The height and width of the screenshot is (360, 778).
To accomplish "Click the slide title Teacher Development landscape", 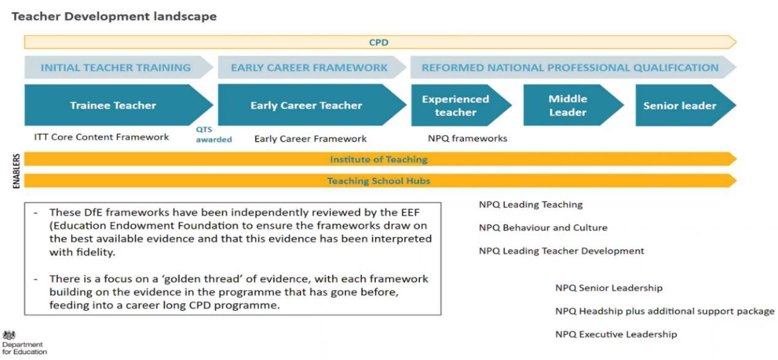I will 114,17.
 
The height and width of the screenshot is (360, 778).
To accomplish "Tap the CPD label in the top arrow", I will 378,42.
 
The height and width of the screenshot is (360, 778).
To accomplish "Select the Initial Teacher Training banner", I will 115,67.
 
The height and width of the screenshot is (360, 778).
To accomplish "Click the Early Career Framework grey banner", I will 309,67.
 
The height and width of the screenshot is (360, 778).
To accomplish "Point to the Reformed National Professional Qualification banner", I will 570,67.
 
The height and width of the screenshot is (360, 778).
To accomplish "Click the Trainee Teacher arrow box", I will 113,105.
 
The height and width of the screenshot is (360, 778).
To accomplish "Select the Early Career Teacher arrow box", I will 306,105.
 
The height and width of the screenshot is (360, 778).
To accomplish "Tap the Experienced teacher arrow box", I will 456,105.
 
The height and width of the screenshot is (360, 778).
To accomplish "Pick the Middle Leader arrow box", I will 567,105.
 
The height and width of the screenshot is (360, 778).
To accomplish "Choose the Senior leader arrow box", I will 679,105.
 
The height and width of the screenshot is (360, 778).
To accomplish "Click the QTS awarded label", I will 213,135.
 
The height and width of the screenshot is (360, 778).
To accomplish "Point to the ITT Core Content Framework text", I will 102,137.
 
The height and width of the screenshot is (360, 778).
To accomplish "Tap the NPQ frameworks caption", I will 467,139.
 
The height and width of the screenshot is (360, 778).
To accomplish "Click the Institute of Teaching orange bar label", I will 378,159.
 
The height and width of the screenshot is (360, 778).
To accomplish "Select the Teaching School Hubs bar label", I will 378,181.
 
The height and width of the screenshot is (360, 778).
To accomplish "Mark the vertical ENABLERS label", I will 17,170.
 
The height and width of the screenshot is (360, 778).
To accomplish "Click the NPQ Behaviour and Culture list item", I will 543,228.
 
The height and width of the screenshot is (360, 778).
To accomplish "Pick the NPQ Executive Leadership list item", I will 616,334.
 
